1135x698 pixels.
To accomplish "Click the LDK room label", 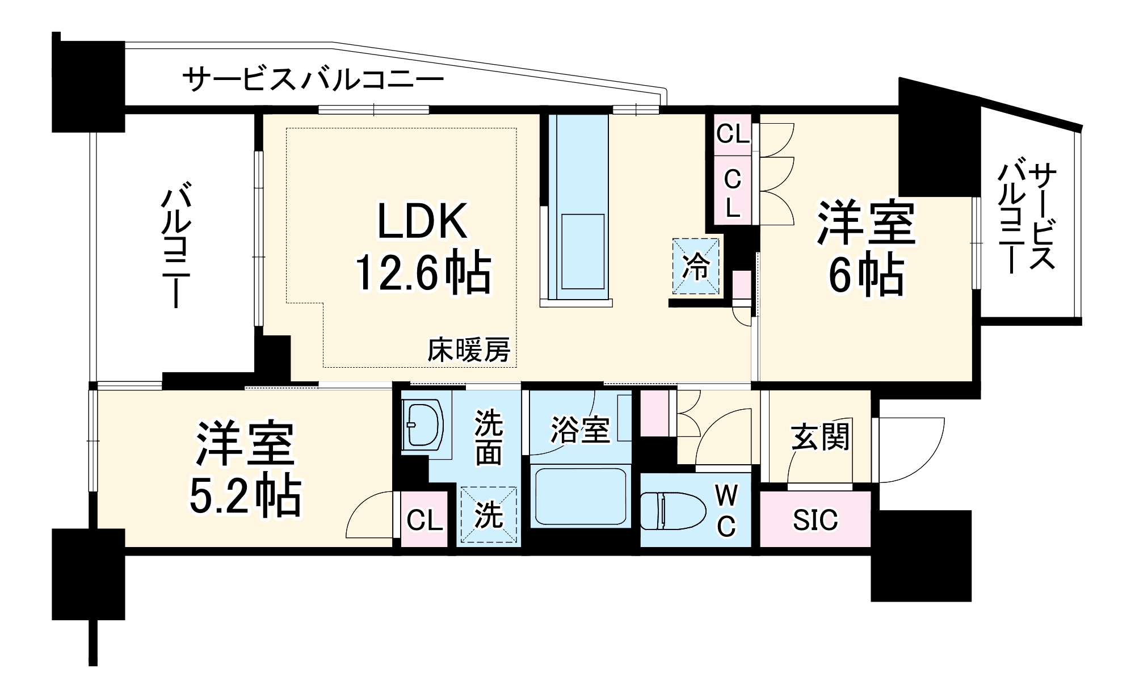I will tap(422, 221).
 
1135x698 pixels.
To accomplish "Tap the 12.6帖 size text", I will tap(422, 272).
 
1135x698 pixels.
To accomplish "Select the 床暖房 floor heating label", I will tap(468, 350).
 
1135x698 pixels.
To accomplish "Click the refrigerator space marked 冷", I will tap(696, 266).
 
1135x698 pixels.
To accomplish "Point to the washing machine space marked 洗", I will tap(489, 515).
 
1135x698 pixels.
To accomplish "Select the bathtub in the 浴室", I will tap(581, 495).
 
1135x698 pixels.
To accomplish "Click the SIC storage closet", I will tap(815, 520).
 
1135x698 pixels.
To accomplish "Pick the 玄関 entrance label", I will tap(820, 437).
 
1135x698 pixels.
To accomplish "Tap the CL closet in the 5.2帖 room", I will tap(424, 520).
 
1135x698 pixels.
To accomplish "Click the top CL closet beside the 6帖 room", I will tap(732, 134).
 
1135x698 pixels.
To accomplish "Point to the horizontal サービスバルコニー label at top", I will tap(313, 79).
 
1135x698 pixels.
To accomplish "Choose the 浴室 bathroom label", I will tap(580, 430).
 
